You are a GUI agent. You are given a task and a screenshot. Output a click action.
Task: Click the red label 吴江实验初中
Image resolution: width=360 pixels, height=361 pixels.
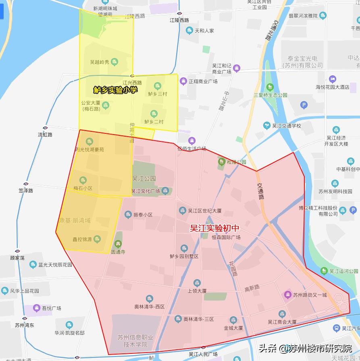pos(214,228)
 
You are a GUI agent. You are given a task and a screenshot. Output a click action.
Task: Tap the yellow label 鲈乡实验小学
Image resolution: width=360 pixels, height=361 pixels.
pos(115,90)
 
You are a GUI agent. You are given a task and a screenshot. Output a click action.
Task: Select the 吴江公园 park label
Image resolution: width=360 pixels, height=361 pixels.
pos(144,178)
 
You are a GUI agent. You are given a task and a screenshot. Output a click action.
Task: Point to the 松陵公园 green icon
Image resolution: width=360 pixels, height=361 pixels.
pos(221,162)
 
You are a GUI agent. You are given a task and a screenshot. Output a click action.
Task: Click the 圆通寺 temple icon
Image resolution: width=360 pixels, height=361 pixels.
pos(118,244)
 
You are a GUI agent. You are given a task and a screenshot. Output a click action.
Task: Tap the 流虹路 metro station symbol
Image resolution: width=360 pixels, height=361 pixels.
pos(45,128)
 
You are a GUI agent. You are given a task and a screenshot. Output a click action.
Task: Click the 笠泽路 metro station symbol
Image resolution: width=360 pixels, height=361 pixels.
pos(26,184)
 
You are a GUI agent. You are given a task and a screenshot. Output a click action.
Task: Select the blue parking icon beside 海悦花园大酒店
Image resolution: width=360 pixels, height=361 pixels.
pos(304,106)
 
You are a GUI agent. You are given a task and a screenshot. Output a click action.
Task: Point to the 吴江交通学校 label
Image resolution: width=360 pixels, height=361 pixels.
pos(286,126)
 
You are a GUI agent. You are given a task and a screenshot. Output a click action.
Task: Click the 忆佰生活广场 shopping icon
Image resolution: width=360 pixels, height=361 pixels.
pos(192,141)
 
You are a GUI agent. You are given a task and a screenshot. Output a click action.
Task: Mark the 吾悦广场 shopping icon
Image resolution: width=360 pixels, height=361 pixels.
pos(37,308)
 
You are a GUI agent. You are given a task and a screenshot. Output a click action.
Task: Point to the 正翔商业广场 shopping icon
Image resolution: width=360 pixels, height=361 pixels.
pos(183,81)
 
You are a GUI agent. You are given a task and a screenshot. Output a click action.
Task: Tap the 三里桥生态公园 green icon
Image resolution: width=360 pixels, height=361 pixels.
pos(270,87)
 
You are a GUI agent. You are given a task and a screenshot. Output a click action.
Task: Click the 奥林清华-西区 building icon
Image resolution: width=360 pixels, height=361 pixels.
pos(150,299)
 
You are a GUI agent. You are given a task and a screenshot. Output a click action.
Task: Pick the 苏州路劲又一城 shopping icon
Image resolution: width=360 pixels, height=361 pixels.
pos(288,295)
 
